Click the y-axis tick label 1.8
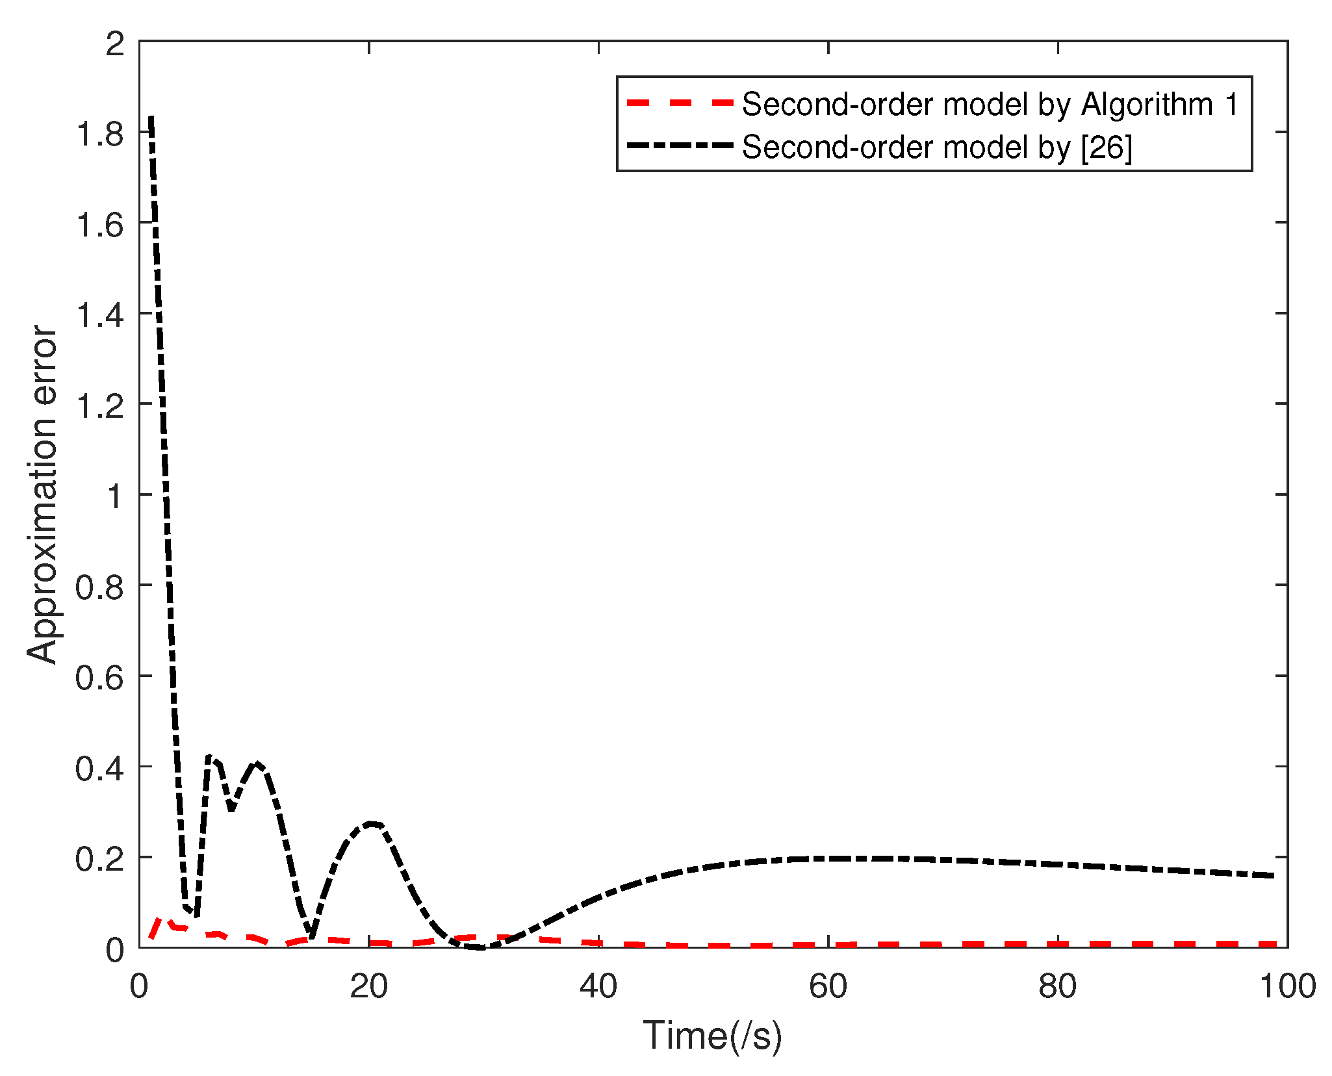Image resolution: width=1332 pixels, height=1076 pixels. click(x=99, y=134)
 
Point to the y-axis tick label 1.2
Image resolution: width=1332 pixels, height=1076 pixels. click(x=99, y=406)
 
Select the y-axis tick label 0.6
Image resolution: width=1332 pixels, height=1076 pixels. click(x=99, y=678)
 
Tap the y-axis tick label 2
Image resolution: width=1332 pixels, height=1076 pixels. click(x=114, y=44)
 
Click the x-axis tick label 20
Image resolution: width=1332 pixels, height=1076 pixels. click(x=368, y=986)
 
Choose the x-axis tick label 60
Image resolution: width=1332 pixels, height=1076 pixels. click(x=828, y=986)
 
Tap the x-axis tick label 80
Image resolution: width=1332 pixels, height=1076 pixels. click(x=1057, y=986)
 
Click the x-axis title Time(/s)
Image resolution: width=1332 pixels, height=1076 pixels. click(x=713, y=1035)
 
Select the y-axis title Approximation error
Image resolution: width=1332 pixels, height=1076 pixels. click(x=43, y=494)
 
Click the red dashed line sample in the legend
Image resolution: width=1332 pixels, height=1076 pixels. click(x=679, y=103)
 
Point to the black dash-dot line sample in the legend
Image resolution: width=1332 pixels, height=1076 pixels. click(x=679, y=146)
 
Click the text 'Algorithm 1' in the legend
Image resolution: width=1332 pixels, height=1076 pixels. click(x=1160, y=104)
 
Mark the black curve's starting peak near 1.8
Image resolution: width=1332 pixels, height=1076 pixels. click(x=151, y=118)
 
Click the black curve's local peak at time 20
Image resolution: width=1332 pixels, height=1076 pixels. click(x=370, y=824)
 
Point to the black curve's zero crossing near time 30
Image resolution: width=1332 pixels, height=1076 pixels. click(x=482, y=947)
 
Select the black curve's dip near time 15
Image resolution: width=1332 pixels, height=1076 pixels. click(x=312, y=936)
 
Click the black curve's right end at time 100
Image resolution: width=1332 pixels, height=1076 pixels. click(x=1275, y=876)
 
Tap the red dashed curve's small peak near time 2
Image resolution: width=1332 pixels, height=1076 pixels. click(x=161, y=919)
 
